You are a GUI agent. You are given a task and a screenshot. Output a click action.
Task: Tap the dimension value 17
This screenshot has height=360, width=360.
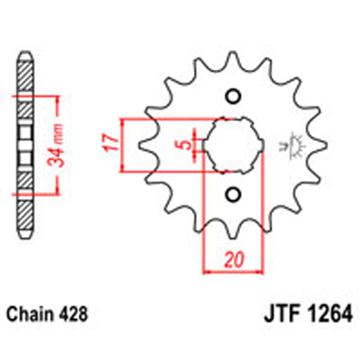pyautogui.click(x=110, y=145)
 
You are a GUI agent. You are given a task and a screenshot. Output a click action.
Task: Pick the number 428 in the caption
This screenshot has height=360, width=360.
pyautogui.click(x=74, y=314)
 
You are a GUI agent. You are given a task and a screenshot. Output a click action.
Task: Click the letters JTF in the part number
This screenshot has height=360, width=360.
pyautogui.click(x=281, y=314)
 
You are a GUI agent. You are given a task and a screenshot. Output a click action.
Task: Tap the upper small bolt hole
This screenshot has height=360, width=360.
pyautogui.click(x=233, y=96)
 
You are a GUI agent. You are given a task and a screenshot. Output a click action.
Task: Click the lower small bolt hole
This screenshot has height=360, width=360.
pyautogui.click(x=233, y=194)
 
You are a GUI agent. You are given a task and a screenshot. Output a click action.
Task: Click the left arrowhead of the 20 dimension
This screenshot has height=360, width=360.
pyautogui.click(x=206, y=271)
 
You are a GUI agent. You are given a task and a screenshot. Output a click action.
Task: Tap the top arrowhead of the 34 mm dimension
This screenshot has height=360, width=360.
pyautogui.click(x=58, y=98)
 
